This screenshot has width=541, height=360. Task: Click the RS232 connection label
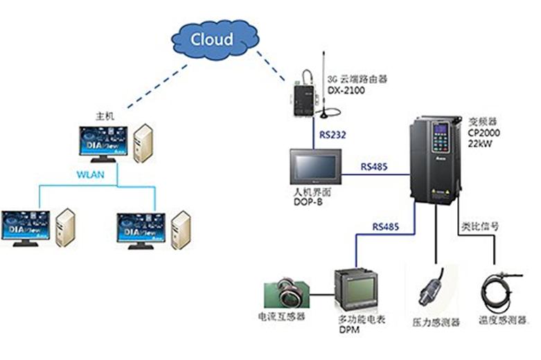(x=332, y=133)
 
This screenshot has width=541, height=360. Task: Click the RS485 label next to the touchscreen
(x=374, y=167)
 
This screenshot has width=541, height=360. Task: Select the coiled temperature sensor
(x=497, y=291)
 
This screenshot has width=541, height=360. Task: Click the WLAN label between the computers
(x=90, y=174)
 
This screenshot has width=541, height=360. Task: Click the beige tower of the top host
(x=143, y=143)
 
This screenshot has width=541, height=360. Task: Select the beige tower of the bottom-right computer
(x=181, y=230)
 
